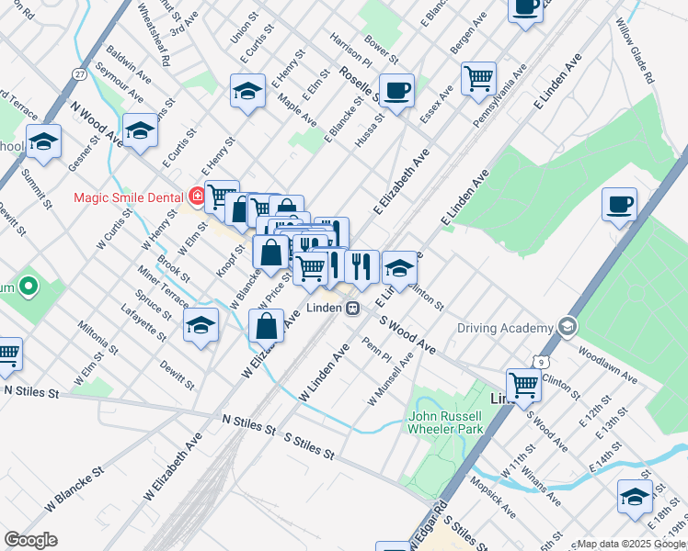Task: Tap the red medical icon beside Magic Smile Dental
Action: pos(196,197)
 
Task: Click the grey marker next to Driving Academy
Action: pos(568,327)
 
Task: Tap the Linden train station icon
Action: pos(352,309)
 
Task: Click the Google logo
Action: pos(30,540)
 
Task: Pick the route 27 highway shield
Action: pos(81,73)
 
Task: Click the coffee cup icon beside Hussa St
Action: pos(396,91)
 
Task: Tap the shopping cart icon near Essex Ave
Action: pos(478,79)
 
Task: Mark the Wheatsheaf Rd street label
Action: pos(154,34)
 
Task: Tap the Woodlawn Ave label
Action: pos(607,365)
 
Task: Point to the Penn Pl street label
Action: pos(377,350)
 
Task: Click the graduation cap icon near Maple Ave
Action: pos(247,91)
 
